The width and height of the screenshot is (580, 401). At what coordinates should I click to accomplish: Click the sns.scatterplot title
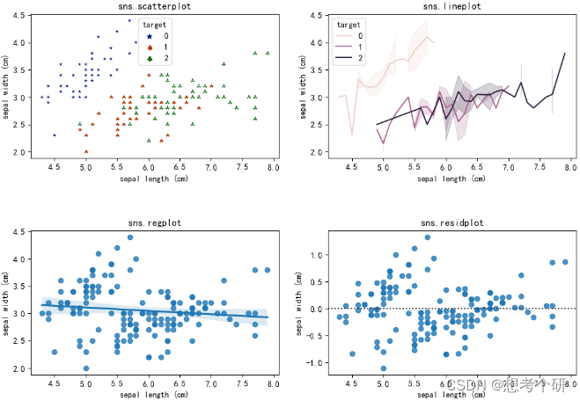coord(158,6)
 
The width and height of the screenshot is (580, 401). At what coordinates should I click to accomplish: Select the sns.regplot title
coord(158,223)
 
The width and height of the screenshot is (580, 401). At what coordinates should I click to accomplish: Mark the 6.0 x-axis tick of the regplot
coord(149,385)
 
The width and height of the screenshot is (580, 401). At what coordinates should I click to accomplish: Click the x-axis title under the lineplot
coord(450,178)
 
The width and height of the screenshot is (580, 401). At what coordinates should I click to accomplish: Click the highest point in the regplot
coord(130,237)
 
